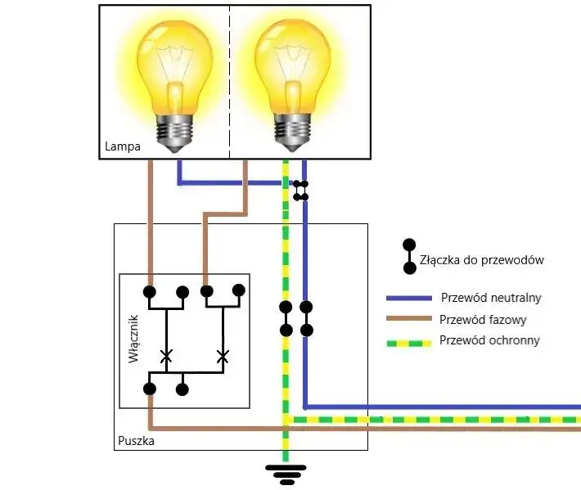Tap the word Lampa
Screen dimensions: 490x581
point(123,147)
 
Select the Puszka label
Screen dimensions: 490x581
point(135,441)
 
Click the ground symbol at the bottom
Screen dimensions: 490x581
point(286,473)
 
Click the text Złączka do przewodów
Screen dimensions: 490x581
point(481,260)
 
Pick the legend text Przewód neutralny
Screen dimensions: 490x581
point(490,298)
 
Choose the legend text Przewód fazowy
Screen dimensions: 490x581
point(483,320)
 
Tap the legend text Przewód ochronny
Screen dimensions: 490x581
point(489,340)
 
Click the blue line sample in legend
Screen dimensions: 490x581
point(408,299)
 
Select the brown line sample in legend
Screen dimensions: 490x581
point(408,320)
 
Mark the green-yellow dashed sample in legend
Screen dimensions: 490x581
point(408,341)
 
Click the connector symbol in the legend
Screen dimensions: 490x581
point(408,256)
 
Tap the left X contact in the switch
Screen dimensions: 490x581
point(166,356)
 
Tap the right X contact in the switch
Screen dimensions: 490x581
point(222,356)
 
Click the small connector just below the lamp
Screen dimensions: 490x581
point(301,190)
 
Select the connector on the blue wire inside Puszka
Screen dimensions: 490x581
point(306,319)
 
